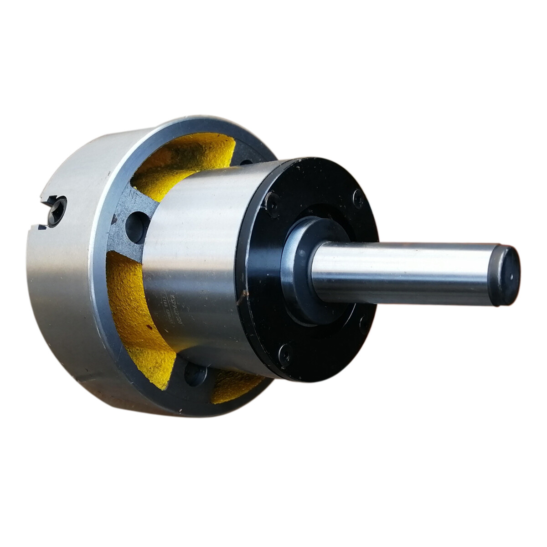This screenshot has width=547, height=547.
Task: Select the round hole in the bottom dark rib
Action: coord(196,375)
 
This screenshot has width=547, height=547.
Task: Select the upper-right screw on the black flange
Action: coord(358,197)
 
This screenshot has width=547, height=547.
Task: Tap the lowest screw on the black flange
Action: coord(285,353)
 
